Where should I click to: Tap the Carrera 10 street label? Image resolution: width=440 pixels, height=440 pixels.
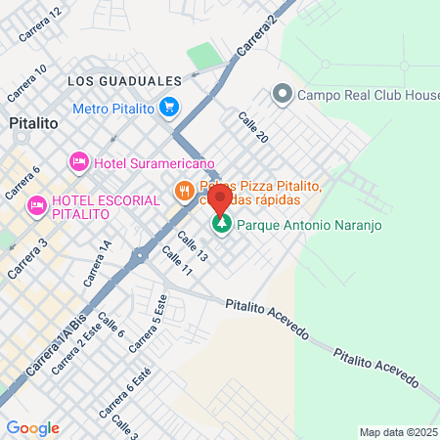[28, 83]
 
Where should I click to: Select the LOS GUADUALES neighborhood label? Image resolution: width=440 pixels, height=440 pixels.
[125, 80]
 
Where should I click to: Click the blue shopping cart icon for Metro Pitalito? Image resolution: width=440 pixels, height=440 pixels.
[169, 106]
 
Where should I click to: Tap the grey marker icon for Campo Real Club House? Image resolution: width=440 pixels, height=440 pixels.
[283, 95]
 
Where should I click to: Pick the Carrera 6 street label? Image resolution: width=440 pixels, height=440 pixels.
[22, 182]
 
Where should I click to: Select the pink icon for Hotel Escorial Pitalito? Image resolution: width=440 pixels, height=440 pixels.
[37, 204]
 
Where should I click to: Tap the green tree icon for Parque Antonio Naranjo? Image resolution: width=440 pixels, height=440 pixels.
[222, 225]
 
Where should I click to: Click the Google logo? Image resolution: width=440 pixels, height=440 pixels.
[32, 427]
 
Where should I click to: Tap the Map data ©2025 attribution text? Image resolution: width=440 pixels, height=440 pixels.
[397, 432]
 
